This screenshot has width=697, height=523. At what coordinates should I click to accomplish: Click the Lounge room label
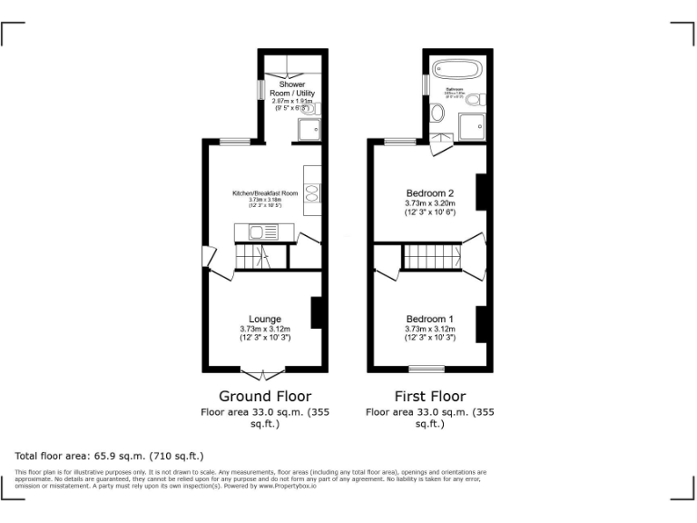[x=265, y=319]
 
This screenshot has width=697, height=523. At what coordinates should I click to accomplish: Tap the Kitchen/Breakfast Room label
[x=265, y=193]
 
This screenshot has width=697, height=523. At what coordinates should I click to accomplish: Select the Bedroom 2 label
[x=429, y=193]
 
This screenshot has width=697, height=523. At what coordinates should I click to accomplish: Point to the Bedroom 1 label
[x=429, y=319]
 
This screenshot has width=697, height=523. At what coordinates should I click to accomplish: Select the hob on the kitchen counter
[x=313, y=192]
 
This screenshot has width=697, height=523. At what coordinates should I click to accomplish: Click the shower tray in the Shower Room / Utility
[x=309, y=129]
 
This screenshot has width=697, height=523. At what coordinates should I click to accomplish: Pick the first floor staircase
[x=432, y=256]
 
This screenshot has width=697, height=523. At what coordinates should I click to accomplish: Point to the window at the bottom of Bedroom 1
[x=427, y=369]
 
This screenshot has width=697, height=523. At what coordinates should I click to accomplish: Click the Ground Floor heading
[x=265, y=397]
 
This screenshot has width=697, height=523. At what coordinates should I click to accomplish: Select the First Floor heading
[x=429, y=397]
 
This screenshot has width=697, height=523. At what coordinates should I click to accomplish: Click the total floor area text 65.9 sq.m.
[x=110, y=456]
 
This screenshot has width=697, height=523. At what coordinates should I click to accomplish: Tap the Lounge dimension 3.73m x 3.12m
[x=265, y=329]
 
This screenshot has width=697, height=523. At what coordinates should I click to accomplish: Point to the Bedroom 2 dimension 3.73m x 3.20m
[x=429, y=203]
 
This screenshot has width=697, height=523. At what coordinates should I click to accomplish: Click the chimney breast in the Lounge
[x=318, y=312]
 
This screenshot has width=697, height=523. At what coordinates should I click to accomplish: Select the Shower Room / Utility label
[x=291, y=90]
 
